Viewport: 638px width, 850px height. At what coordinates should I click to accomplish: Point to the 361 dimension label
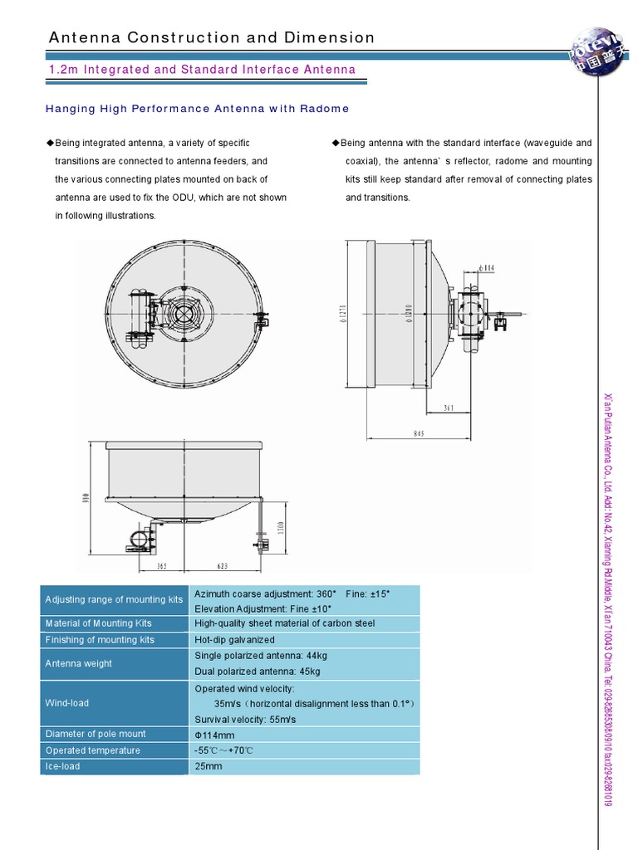point(449,408)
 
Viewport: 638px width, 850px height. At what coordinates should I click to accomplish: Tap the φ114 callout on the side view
point(488,267)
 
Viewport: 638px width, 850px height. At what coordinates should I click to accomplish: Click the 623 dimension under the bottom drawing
point(222,566)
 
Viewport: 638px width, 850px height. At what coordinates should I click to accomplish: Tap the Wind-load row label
point(67,703)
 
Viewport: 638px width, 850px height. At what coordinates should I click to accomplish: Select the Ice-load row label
point(63,766)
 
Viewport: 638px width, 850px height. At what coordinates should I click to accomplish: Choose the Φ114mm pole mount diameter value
point(214,735)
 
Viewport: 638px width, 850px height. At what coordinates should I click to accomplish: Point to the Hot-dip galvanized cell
point(234,640)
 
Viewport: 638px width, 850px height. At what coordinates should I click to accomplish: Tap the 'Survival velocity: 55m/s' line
point(245,719)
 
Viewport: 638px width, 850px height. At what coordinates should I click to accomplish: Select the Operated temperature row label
point(93,750)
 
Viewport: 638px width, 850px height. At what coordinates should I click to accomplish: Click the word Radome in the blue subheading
point(325,109)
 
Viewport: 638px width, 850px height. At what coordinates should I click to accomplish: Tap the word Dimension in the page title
point(331,37)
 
